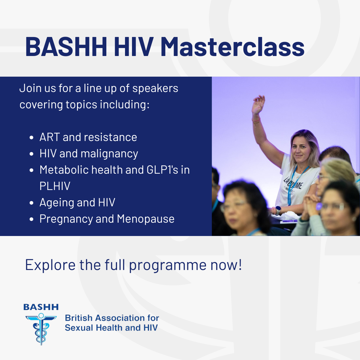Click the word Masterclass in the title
[232, 47]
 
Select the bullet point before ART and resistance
[31, 138]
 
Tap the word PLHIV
[55, 186]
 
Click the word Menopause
[146, 219]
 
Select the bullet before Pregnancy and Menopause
[31, 219]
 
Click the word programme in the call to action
[168, 265]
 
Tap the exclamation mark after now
[240, 264]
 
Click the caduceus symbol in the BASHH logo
[41, 329]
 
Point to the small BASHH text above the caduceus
[41, 307]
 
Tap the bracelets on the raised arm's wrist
[256, 121]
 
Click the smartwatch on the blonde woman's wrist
[278, 210]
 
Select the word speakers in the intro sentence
[155, 88]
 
